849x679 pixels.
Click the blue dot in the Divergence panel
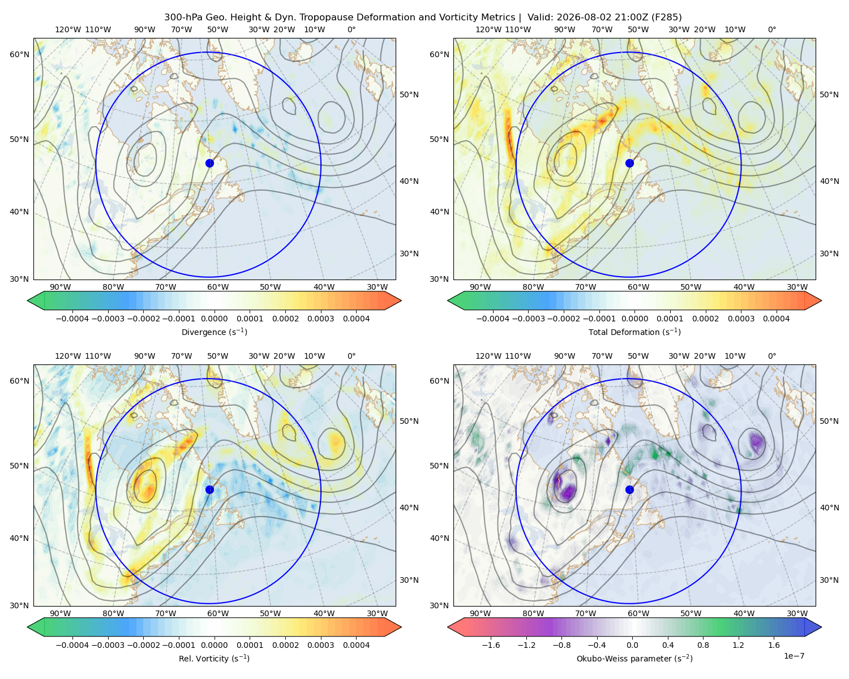click(x=209, y=163)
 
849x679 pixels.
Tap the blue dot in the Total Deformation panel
click(x=629, y=163)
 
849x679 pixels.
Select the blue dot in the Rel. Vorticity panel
click(x=209, y=489)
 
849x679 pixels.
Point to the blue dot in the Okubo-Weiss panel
click(x=629, y=489)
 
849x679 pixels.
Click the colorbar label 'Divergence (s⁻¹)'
click(x=214, y=332)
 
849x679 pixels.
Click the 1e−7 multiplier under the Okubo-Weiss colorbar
click(x=794, y=656)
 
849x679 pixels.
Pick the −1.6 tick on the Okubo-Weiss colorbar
click(x=491, y=644)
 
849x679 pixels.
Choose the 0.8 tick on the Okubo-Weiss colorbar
click(x=703, y=644)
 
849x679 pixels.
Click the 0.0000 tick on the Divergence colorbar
click(x=214, y=319)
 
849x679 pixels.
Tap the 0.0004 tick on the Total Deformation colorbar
click(x=776, y=319)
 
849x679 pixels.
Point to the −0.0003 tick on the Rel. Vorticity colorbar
click(x=108, y=644)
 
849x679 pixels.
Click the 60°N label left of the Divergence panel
click(x=19, y=54)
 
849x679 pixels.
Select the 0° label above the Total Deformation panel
click(x=771, y=29)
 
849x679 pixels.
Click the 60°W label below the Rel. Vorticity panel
click(x=218, y=613)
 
